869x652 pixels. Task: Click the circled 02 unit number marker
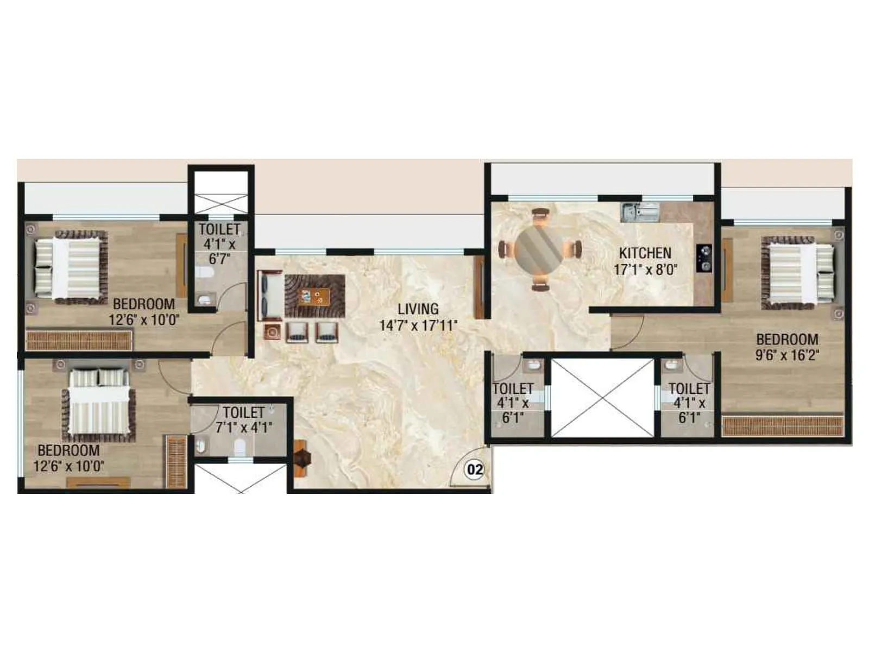click(475, 469)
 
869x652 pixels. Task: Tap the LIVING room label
click(418, 309)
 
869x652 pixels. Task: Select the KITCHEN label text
click(645, 253)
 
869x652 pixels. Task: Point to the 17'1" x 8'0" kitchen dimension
click(645, 269)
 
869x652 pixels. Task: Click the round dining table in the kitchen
click(540, 250)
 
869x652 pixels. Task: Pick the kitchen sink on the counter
click(640, 211)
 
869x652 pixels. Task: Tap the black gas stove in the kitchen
click(704, 258)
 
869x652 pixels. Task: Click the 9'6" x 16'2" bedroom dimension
click(788, 355)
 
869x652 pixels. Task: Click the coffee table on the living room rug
click(314, 296)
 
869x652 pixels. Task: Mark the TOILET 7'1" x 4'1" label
click(243, 420)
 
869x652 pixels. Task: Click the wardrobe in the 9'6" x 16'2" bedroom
click(783, 426)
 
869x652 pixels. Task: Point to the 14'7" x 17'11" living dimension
click(418, 326)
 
